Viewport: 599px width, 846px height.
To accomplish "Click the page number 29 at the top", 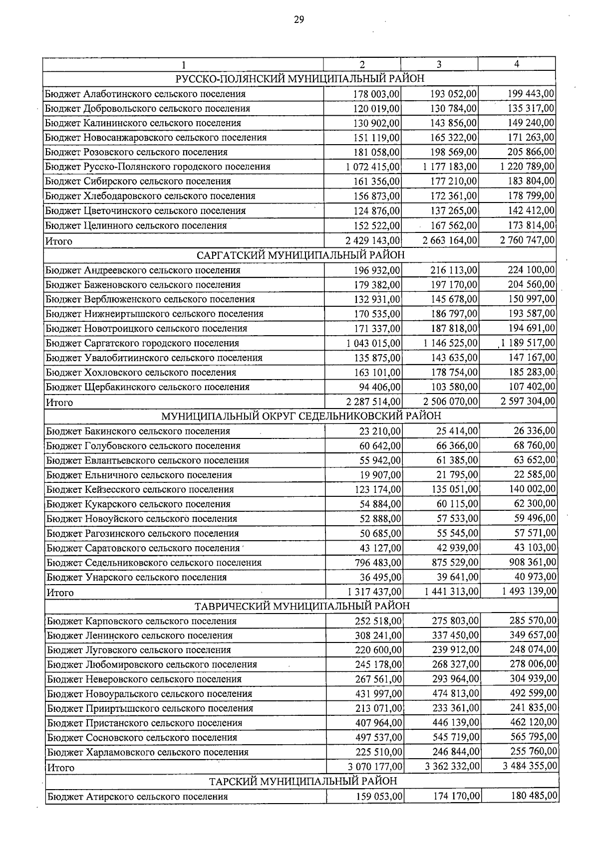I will click(x=299, y=20).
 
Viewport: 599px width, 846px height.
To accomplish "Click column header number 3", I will click(x=439, y=64).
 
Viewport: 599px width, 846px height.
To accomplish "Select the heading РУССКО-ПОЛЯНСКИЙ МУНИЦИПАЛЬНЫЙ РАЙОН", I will click(x=300, y=79).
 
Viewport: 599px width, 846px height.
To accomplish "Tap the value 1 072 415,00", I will click(x=373, y=167).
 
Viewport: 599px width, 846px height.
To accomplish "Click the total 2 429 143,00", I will click(x=373, y=240).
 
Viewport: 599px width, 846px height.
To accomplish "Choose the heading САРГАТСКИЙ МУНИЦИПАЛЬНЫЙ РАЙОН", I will click(x=300, y=255).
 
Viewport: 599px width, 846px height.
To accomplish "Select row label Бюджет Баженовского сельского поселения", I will click(x=143, y=285).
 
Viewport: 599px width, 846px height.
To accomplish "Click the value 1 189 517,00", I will click(x=528, y=343).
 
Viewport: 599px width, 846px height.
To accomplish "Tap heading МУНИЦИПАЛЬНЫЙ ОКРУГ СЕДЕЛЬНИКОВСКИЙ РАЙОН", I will click(x=301, y=416).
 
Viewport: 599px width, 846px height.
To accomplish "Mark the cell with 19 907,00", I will click(x=380, y=475).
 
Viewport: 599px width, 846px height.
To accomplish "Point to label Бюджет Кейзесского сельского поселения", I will click(x=140, y=489).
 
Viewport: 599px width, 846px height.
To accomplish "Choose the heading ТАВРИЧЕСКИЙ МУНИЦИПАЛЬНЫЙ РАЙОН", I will click(x=301, y=606).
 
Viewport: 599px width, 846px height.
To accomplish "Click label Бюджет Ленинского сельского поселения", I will click(x=140, y=635).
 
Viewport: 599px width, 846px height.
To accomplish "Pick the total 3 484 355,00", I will click(x=530, y=766).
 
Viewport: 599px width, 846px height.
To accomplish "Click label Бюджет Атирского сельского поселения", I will click(x=138, y=797).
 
